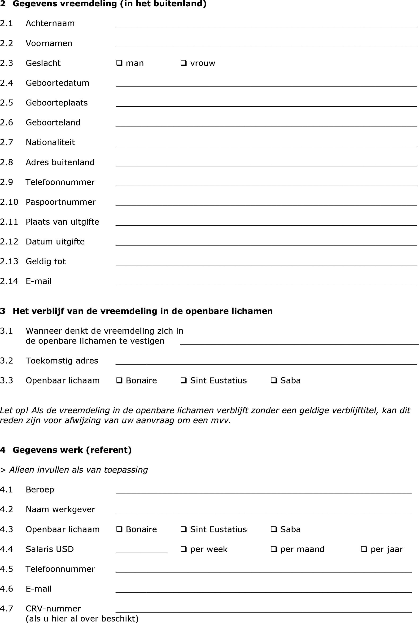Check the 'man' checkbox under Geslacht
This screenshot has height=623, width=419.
point(119,63)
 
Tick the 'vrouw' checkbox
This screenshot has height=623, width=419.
point(183,63)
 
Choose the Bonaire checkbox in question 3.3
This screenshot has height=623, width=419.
point(119,380)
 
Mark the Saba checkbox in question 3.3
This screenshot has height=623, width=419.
point(274,380)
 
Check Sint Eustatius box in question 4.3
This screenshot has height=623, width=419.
point(183,529)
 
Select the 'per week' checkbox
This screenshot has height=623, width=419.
point(183,549)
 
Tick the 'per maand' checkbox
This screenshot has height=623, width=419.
point(274,549)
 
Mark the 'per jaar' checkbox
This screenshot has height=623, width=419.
point(364,549)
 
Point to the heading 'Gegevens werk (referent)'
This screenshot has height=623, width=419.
point(72,450)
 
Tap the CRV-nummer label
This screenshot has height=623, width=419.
point(53,609)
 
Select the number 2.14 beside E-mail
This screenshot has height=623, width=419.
point(9,281)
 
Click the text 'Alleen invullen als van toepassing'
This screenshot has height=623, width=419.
point(78,470)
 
